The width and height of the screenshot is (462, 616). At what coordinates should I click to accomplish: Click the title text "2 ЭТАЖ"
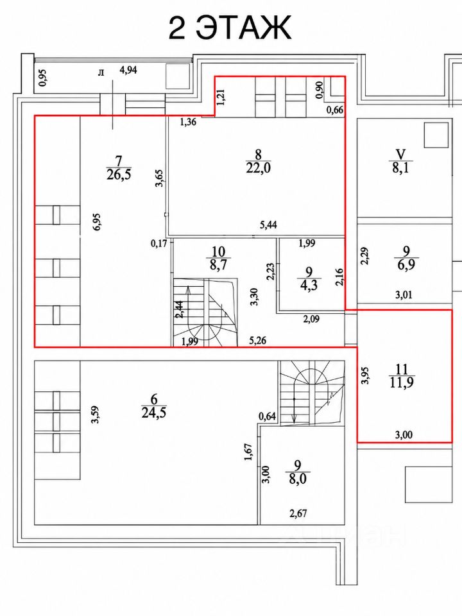230,28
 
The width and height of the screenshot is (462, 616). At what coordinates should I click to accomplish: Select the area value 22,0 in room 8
258,167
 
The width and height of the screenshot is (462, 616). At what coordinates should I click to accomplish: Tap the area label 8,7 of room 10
218,264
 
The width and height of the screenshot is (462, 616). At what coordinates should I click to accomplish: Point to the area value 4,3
309,284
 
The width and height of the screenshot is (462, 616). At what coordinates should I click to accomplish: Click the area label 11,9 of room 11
402,382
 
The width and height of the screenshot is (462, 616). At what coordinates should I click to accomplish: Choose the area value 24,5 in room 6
153,413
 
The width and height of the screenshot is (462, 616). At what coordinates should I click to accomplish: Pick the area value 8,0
297,479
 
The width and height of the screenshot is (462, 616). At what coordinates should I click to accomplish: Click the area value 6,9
406,264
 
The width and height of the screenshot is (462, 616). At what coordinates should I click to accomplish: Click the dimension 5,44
269,225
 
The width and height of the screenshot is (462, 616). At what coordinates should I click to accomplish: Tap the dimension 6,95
98,221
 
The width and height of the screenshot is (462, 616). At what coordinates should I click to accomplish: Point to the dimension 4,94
128,71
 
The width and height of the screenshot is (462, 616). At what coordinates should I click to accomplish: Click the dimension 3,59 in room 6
95,415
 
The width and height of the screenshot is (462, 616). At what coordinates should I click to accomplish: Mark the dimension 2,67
298,513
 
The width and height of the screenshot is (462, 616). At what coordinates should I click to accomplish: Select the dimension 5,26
258,340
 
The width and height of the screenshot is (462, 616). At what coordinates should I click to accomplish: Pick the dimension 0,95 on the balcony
42,78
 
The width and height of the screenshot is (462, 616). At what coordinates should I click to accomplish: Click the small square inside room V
436,135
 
